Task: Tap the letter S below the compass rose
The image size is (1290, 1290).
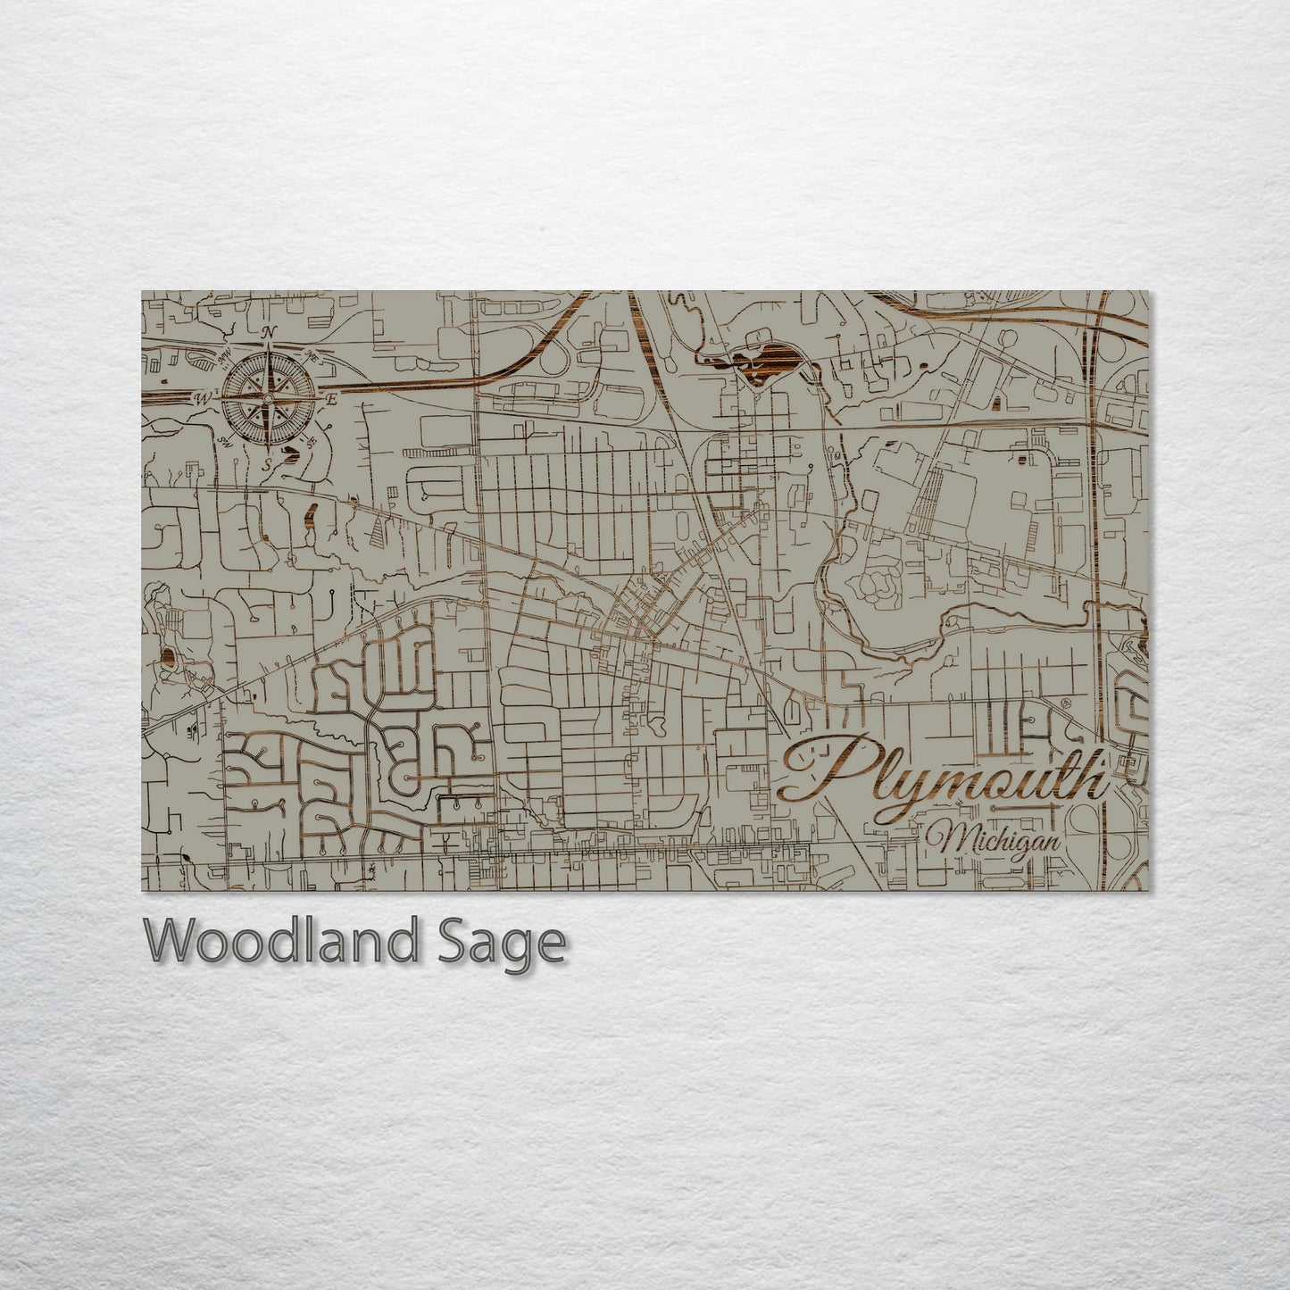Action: [x=265, y=464]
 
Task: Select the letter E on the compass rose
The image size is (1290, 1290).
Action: [x=330, y=399]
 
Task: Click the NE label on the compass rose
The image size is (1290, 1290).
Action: [x=312, y=355]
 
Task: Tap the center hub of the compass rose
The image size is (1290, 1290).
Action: [x=267, y=397]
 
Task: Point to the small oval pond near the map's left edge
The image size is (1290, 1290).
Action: [x=168, y=657]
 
